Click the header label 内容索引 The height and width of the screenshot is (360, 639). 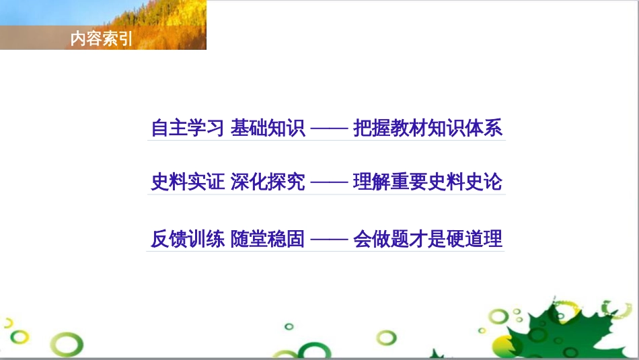[102, 40]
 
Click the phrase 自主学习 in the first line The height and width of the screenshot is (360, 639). [188, 128]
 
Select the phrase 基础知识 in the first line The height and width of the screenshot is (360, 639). [268, 128]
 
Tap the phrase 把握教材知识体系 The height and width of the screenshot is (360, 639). [428, 128]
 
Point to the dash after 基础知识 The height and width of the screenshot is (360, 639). [329, 128]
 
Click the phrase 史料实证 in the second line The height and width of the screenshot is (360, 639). [188, 182]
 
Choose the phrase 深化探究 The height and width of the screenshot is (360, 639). [268, 182]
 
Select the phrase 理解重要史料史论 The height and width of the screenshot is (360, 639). [428, 182]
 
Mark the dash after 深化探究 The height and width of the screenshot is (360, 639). [329, 182]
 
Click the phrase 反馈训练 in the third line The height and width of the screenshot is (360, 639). [188, 239]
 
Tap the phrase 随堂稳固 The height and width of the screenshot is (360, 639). [268, 239]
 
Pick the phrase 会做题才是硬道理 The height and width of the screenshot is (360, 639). [428, 239]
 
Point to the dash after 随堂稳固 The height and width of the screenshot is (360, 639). [329, 239]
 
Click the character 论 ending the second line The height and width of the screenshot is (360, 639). [494, 182]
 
